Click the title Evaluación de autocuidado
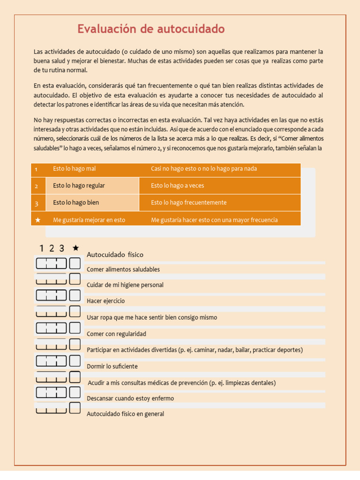pos(151,29)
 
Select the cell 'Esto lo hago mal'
pos(75,169)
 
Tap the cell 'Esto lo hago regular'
pos(79,186)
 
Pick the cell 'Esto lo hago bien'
pos(76,202)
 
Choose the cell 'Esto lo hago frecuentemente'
pos(188,202)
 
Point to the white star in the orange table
pos(38,220)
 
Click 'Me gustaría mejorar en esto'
pos(89,220)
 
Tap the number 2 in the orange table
pos(37,187)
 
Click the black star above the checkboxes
pos(75,248)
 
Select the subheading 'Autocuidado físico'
pos(115,255)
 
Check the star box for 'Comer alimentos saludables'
pos(75,263)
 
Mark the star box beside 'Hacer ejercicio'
pos(75,295)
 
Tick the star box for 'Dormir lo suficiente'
pos(75,360)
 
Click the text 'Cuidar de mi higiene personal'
pos(125,285)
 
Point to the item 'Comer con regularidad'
pos(116,334)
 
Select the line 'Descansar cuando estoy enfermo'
pos(130,398)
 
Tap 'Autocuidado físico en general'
pos(125,414)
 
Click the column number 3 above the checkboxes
pos(61,248)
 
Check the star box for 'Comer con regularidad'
pos(75,328)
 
